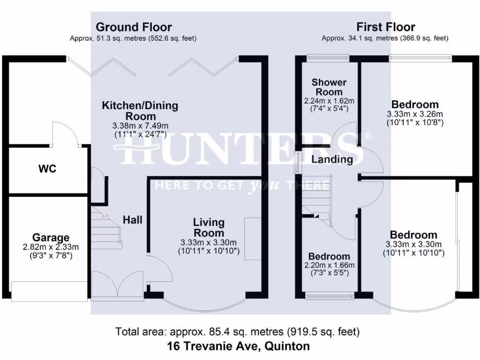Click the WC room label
tap(47, 169)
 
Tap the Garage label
tap(51, 238)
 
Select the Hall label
tap(133, 219)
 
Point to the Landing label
tap(332, 159)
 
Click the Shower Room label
tap(329, 87)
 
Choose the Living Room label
tap(209, 227)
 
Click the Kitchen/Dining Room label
tap(140, 111)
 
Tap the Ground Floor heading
tap(134, 27)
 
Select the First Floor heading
tap(385, 27)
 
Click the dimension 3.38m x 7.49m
tap(140, 126)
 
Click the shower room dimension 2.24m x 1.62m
tap(329, 101)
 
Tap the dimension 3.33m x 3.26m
tap(415, 114)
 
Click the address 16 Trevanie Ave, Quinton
tap(239, 347)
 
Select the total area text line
tap(239, 332)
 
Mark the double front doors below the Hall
tap(117, 285)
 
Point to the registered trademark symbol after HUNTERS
tap(368, 136)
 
